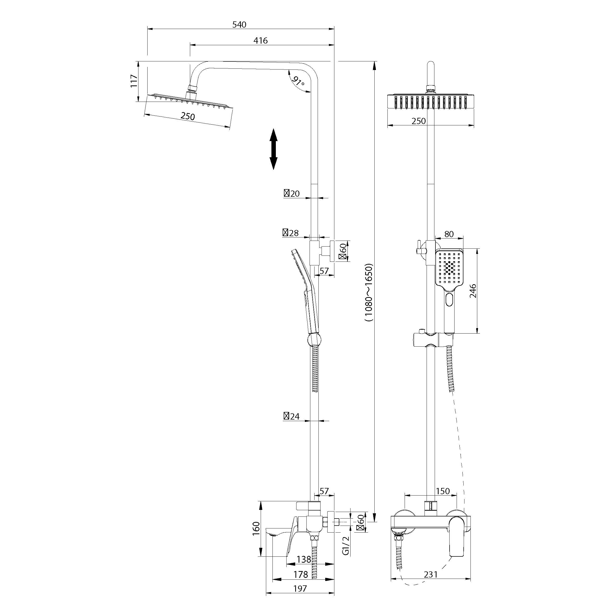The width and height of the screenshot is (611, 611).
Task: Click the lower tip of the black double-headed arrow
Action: (274, 170)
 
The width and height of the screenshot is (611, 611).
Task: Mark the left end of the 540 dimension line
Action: (148, 29)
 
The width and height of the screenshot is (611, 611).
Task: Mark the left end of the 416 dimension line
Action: (190, 45)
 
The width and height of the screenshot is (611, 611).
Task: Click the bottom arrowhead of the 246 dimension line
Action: (478, 333)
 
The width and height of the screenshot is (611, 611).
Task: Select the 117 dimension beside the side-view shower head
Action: (134, 81)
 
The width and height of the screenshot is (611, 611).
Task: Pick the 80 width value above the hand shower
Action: (449, 234)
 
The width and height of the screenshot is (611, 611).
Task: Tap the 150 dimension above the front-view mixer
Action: (443, 491)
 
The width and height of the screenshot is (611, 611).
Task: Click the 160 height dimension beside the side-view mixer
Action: (256, 528)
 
